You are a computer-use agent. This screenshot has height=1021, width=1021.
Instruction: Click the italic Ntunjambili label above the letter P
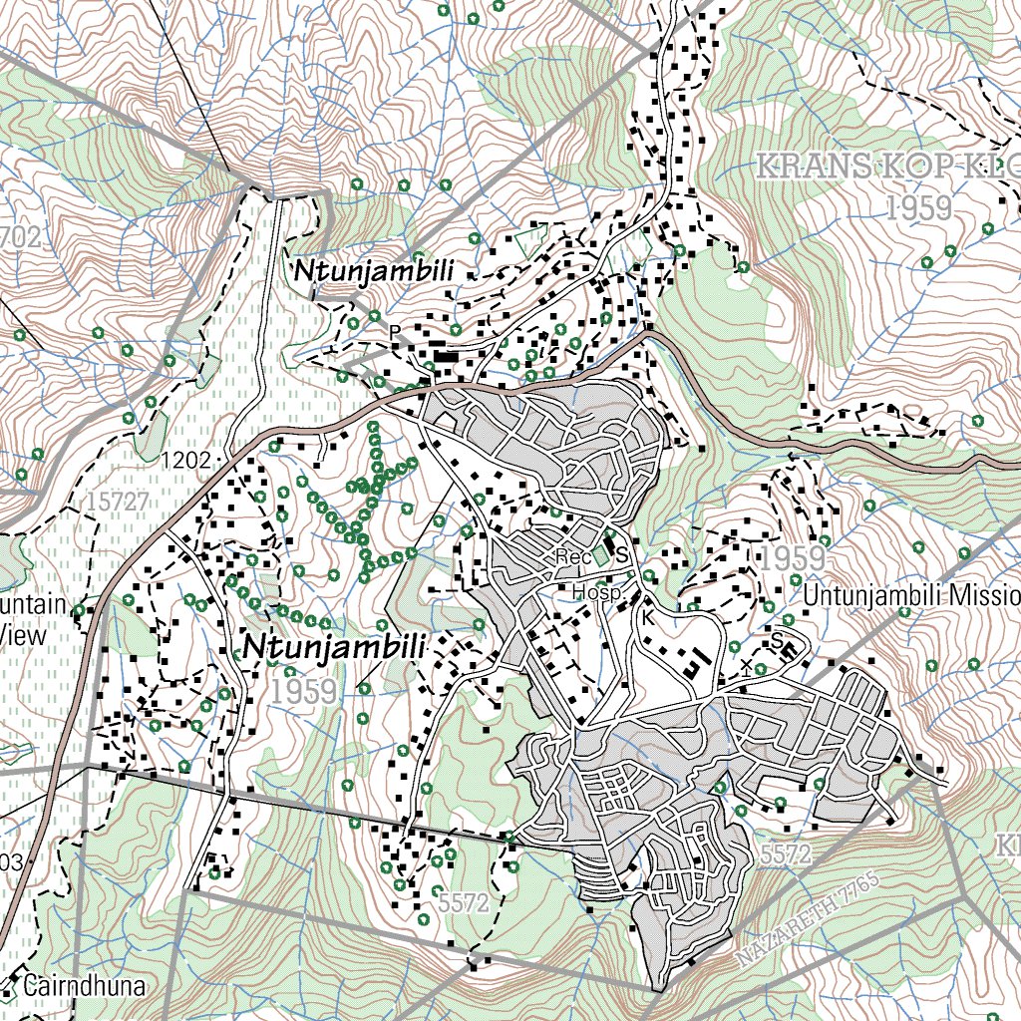pyautogui.click(x=373, y=271)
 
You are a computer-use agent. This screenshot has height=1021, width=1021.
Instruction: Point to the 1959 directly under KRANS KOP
pyautogui.click(x=918, y=207)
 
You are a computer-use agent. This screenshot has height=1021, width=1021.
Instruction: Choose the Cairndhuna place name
pyautogui.click(x=84, y=987)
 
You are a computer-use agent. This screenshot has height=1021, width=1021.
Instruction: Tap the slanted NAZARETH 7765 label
pyautogui.click(x=808, y=919)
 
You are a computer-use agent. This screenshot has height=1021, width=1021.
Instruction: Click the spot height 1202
pyautogui.click(x=186, y=460)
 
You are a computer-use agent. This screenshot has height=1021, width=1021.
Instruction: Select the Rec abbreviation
pyautogui.click(x=573, y=557)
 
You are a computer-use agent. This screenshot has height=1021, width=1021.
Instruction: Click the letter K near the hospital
pyautogui.click(x=647, y=617)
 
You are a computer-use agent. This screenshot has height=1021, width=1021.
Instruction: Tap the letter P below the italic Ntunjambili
pyautogui.click(x=395, y=331)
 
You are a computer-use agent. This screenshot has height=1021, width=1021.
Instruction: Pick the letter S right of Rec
pyautogui.click(x=621, y=555)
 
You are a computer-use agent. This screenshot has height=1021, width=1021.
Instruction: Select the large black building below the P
pyautogui.click(x=445, y=356)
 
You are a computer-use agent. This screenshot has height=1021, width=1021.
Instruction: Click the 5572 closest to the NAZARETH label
pyautogui.click(x=785, y=854)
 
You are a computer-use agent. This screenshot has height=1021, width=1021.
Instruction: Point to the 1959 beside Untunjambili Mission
pyautogui.click(x=793, y=558)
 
